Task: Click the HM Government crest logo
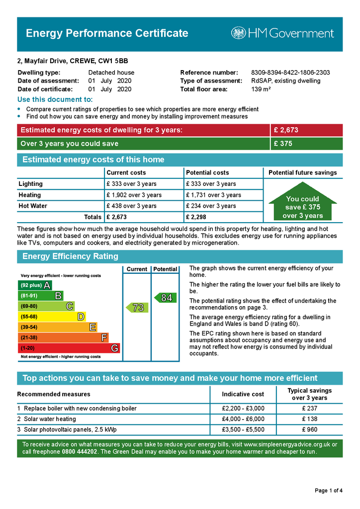(238, 33)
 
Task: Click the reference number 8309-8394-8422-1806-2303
(290, 73)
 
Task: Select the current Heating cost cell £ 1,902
(134, 195)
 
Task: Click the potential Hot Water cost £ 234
(211, 206)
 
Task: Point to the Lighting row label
(31, 184)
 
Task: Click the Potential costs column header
(207, 172)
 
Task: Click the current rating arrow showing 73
(137, 308)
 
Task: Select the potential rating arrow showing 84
(165, 298)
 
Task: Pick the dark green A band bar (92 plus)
(34, 285)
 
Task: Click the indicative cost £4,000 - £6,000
(243, 419)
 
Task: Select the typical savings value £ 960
(309, 429)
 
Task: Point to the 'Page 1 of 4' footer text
(329, 491)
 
